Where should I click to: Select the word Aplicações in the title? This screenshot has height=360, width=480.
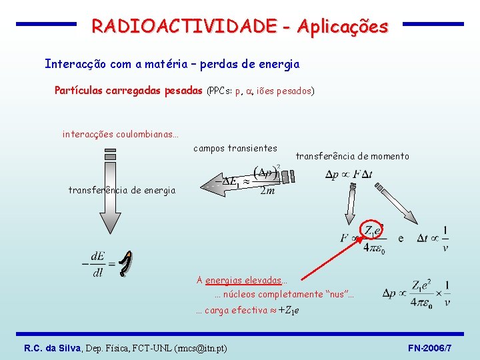click(342, 27)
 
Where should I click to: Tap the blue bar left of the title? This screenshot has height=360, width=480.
click(46, 24)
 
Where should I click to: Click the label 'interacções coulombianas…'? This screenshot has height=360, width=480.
click(121, 134)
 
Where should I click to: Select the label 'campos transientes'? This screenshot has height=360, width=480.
click(235, 148)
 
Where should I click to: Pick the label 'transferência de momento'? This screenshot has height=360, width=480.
click(352, 156)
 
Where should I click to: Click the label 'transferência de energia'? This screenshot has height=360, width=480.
click(122, 191)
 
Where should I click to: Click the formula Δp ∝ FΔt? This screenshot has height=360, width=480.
click(349, 175)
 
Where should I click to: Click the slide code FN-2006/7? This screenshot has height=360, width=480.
click(429, 348)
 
